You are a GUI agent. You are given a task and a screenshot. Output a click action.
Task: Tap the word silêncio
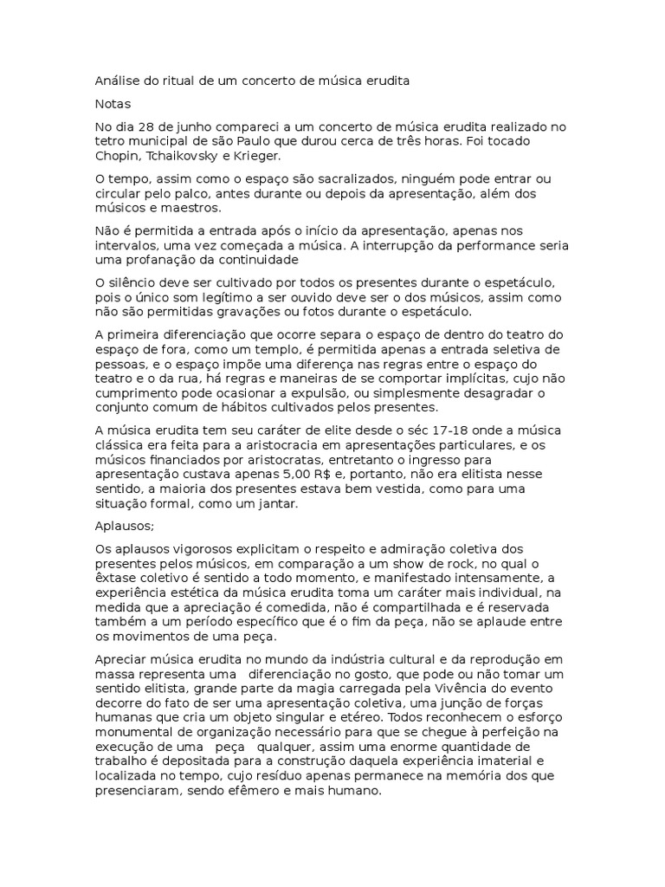pyautogui.click(x=136, y=282)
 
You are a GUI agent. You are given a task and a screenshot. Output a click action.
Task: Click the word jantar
pyautogui.click(x=274, y=504)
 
